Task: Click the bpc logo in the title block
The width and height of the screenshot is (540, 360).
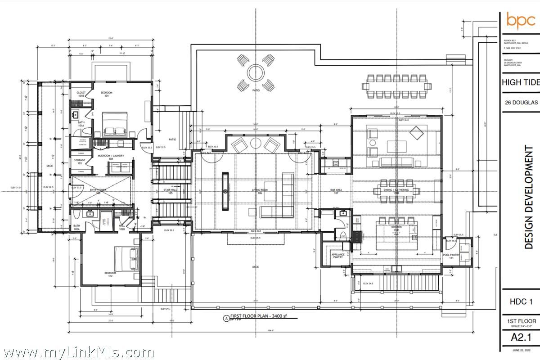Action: (521, 20)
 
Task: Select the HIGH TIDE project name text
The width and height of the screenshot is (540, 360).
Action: (520, 82)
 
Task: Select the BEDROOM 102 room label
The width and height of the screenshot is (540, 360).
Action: (110, 274)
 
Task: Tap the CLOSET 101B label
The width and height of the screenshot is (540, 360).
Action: (81, 94)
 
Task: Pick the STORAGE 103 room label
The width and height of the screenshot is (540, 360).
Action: (79, 162)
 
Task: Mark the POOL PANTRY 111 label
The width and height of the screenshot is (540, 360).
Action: (452, 256)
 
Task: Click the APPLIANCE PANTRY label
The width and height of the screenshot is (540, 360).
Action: (338, 256)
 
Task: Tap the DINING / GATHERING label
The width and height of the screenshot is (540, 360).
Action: (396, 190)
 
